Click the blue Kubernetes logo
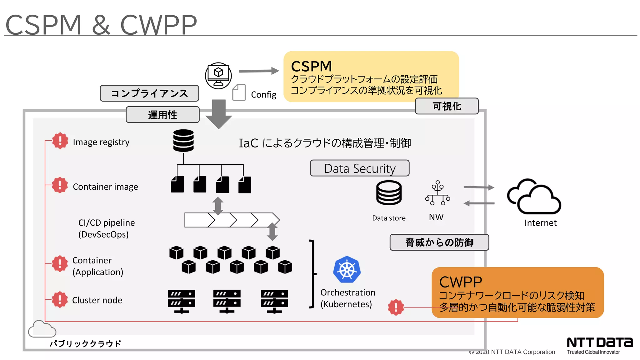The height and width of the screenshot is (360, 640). [x=347, y=270]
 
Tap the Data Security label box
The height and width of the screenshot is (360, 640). [x=359, y=168]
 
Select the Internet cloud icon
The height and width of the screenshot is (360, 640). [x=534, y=197]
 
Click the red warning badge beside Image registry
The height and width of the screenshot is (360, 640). [x=60, y=141]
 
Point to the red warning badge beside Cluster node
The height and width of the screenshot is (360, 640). [x=60, y=299]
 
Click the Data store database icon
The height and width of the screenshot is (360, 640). [x=389, y=193]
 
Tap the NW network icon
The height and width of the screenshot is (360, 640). [x=437, y=193]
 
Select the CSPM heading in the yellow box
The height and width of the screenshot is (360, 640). [x=311, y=66]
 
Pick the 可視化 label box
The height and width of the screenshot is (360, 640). [x=447, y=106]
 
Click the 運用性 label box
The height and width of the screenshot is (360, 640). [x=162, y=115]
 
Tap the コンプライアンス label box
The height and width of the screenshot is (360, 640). [x=149, y=93]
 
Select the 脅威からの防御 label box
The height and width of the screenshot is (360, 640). [x=439, y=242]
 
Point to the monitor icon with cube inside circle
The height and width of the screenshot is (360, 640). [x=218, y=76]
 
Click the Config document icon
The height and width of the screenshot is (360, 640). [x=239, y=92]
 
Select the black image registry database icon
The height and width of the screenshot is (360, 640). [x=183, y=141]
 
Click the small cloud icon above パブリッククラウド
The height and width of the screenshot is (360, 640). [x=42, y=329]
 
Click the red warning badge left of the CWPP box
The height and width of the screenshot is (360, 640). [x=396, y=307]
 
